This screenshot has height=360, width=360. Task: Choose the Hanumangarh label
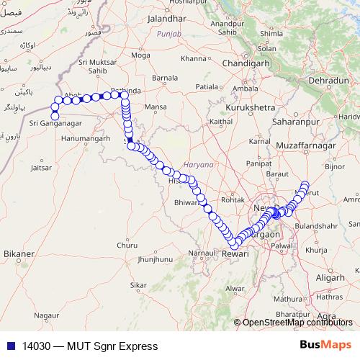[85, 137]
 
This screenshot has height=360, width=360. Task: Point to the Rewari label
[235, 254]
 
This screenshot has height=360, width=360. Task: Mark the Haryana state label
[199, 164]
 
